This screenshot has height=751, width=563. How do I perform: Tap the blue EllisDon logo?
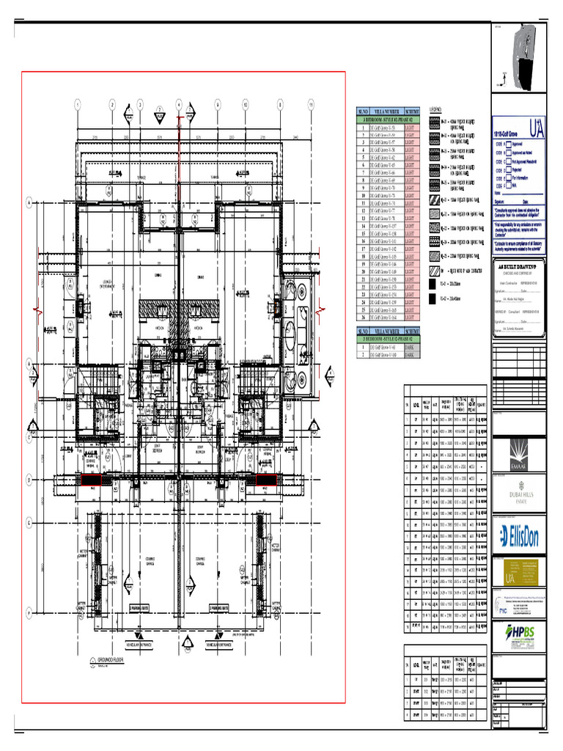(519, 537)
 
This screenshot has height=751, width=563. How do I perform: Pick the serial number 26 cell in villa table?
(361, 318)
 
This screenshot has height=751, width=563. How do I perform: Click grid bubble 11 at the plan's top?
(311, 105)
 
